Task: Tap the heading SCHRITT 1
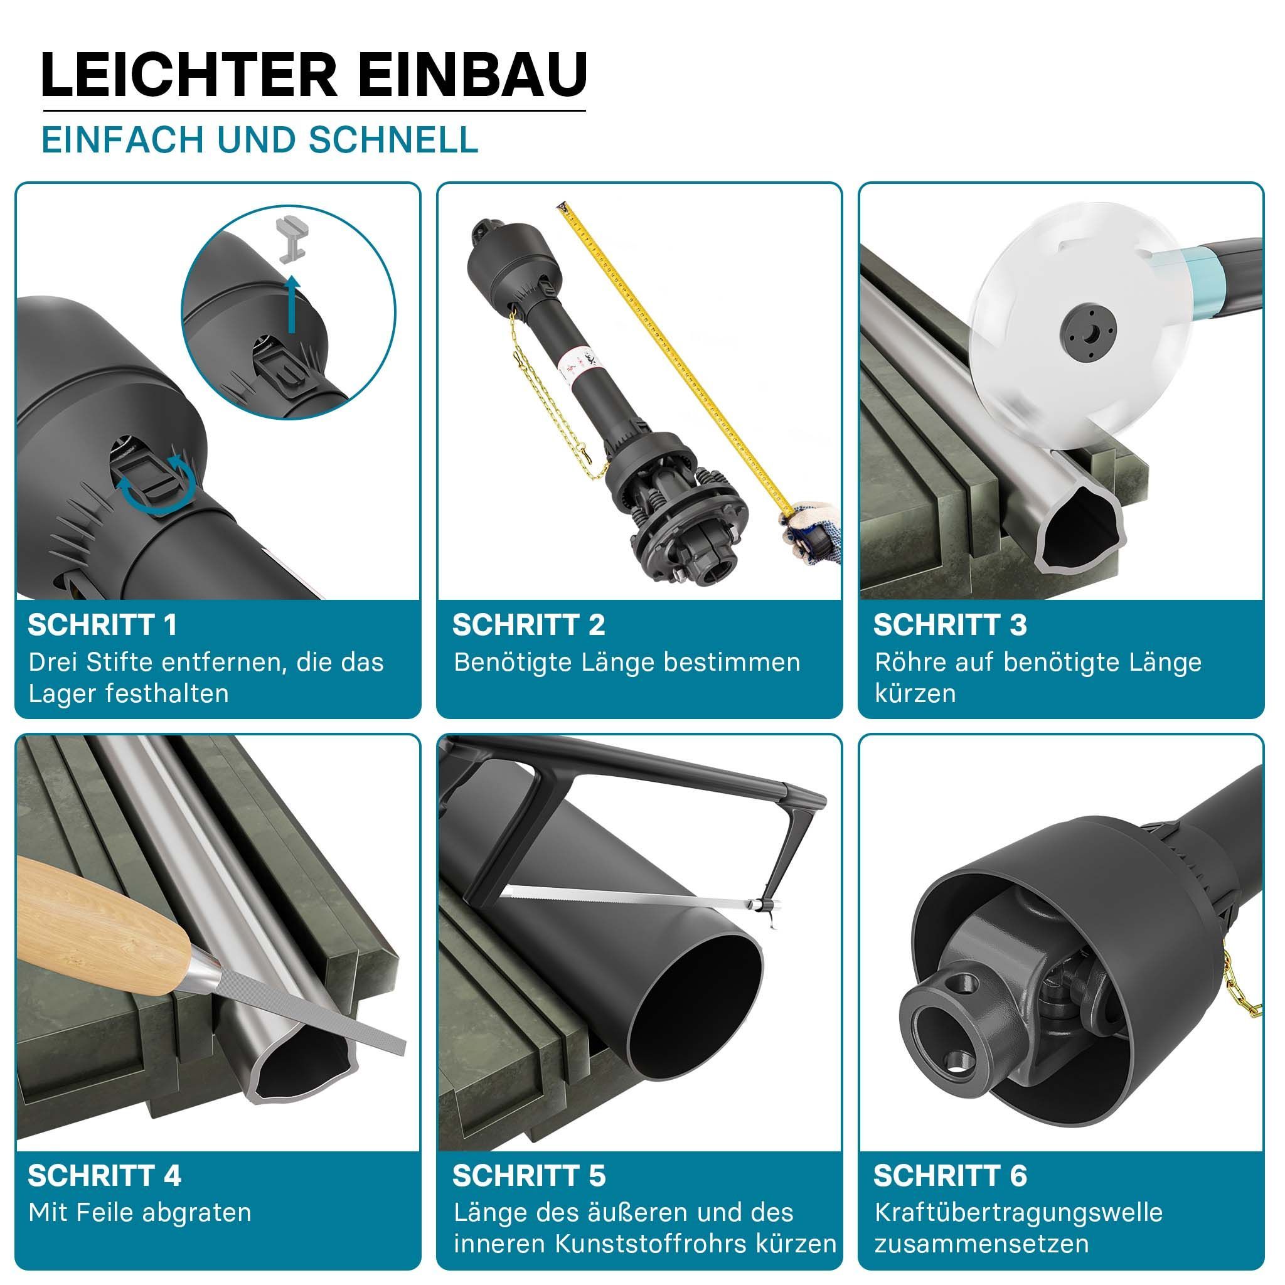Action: pyautogui.click(x=102, y=625)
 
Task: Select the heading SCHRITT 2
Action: pyautogui.click(x=529, y=625)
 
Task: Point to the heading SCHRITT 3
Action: pyautogui.click(x=951, y=625)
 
